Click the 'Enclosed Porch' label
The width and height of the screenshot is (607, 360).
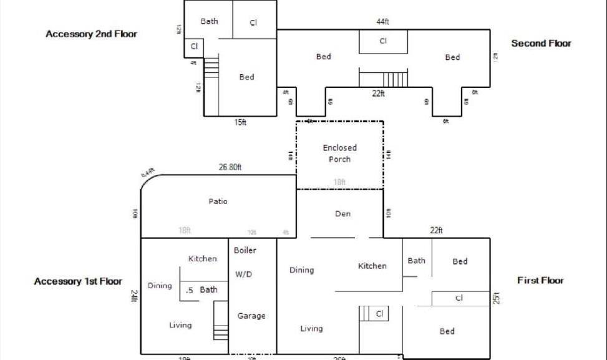[339, 153]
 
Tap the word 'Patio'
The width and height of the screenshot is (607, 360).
[218, 202]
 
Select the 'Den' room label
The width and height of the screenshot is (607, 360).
[342, 214]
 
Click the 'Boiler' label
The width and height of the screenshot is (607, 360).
[245, 251]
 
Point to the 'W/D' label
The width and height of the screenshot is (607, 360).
[243, 275]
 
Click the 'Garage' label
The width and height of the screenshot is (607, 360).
[251, 316]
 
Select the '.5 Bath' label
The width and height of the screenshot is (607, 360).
[202, 290]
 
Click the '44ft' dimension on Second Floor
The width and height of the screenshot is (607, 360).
[382, 22]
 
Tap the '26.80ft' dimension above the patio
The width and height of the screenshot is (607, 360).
[230, 167]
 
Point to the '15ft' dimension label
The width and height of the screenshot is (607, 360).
[240, 123]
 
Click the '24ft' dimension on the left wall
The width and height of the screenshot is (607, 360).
[134, 296]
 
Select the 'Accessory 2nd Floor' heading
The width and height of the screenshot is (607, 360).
[91, 34]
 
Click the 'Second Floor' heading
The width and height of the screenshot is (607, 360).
[541, 44]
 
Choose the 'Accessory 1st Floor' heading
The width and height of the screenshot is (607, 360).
[78, 282]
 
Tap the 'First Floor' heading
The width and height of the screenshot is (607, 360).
[540, 281]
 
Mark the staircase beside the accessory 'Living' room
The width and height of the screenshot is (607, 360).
[221, 320]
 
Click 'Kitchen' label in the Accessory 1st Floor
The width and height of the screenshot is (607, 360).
[203, 259]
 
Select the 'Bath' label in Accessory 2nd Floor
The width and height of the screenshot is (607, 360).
[209, 21]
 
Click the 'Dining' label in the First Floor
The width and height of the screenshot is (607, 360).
[301, 271]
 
